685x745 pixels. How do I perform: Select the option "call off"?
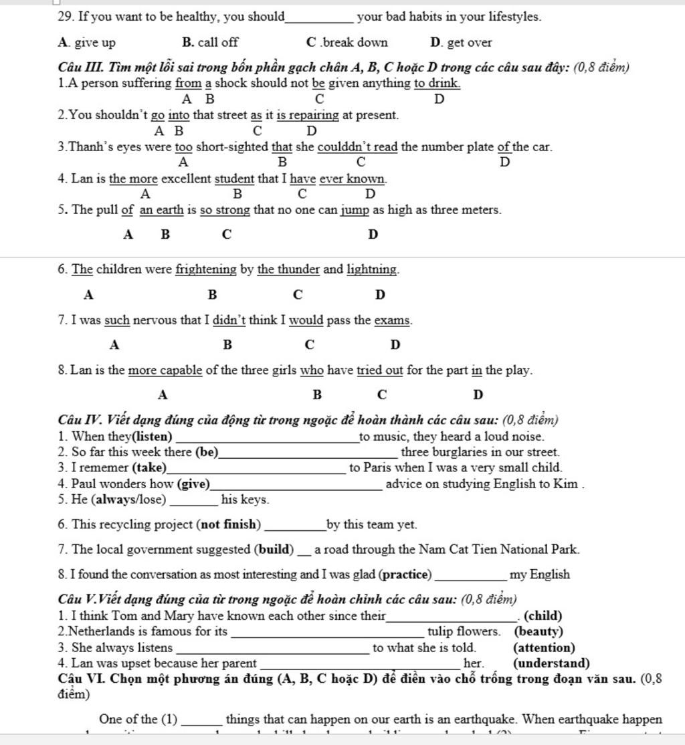[x=217, y=43]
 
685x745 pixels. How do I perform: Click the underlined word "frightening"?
[x=206, y=270]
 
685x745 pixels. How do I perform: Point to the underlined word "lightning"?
[x=372, y=270]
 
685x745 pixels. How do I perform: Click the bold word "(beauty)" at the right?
[x=539, y=631]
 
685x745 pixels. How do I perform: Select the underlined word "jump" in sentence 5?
[x=355, y=210]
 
